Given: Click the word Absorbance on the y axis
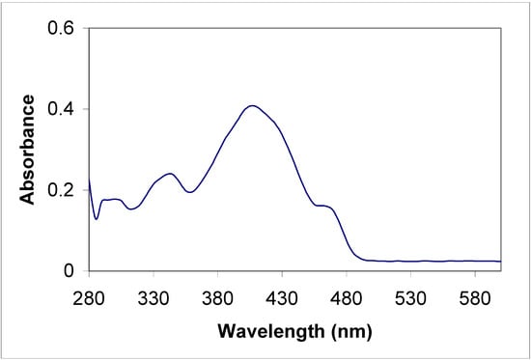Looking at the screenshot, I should click(x=29, y=150).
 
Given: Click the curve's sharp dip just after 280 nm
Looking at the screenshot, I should click(x=96, y=218).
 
